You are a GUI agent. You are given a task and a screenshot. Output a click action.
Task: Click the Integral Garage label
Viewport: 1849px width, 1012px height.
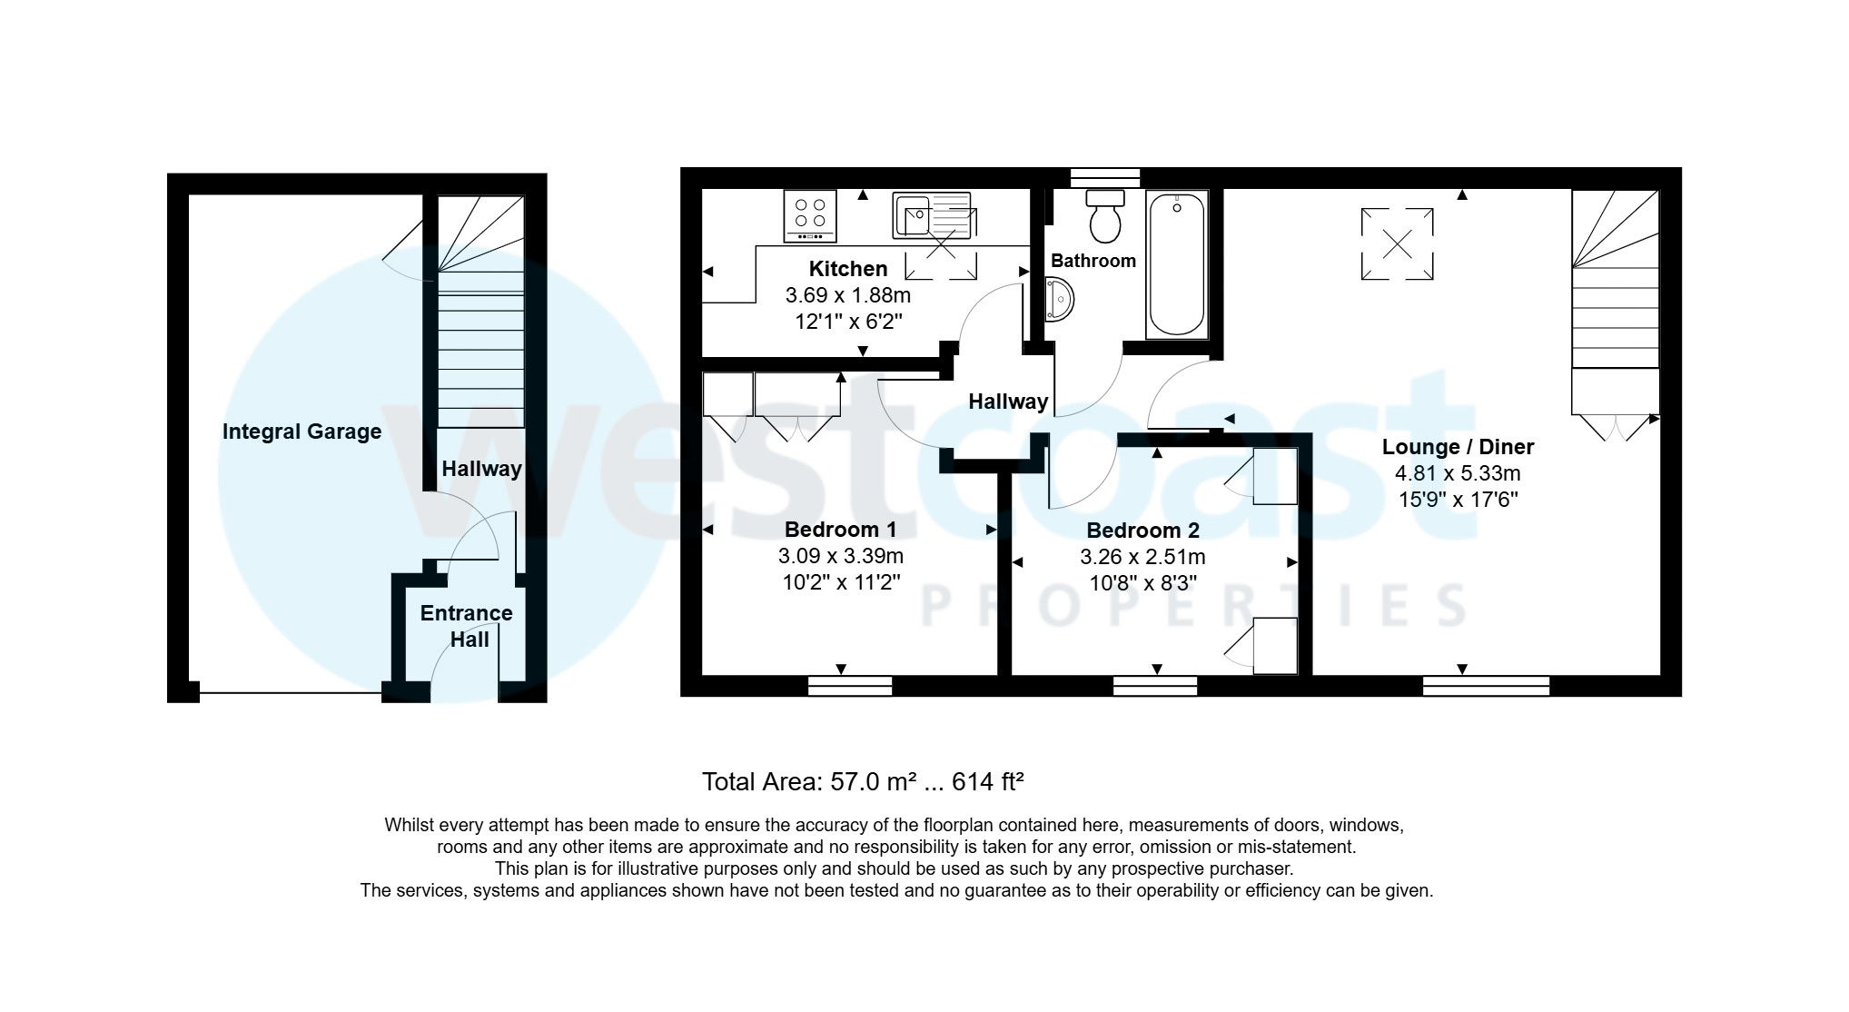click(x=302, y=432)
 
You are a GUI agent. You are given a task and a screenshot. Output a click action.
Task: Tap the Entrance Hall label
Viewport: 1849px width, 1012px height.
click(x=467, y=626)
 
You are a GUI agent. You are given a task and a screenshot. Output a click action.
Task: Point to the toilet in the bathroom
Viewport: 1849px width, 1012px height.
click(x=1105, y=217)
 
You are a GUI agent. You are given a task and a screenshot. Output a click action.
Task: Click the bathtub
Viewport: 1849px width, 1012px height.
click(x=1177, y=264)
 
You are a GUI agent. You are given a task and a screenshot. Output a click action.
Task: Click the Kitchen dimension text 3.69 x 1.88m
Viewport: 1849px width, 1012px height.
click(x=847, y=295)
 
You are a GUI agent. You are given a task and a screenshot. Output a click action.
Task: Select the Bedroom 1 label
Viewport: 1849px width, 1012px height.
click(x=840, y=530)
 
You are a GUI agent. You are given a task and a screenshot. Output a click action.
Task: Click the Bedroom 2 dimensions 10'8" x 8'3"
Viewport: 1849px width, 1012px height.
click(x=1142, y=583)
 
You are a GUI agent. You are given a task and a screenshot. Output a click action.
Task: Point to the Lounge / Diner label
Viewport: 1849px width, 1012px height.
click(x=1458, y=447)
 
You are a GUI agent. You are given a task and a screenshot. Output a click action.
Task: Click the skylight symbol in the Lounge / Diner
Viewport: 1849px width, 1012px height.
click(x=1397, y=243)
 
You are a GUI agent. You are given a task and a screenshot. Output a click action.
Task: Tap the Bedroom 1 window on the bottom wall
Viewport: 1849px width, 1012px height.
click(x=850, y=686)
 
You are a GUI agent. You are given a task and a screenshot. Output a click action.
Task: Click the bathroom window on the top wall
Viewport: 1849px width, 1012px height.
click(x=1104, y=177)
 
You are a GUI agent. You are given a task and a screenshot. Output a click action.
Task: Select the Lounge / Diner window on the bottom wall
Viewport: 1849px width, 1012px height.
click(x=1486, y=686)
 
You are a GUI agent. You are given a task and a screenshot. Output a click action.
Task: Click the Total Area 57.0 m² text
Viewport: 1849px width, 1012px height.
click(x=863, y=782)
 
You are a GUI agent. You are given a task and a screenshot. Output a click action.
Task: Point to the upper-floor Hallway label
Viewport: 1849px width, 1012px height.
click(x=1008, y=402)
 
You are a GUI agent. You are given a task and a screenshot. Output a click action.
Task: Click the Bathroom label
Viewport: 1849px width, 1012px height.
click(x=1093, y=261)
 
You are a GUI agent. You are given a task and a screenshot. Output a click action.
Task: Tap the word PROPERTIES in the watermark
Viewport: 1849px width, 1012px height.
click(x=1193, y=605)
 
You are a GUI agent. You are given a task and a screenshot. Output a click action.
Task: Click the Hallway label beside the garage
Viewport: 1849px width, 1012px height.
click(x=481, y=469)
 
